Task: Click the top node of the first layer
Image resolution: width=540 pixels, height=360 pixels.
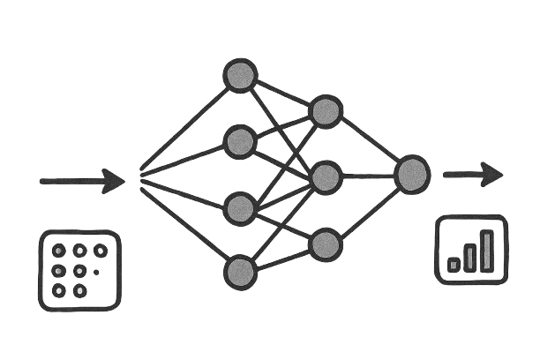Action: click(240, 76)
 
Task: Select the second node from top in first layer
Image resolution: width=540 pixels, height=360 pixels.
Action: click(240, 140)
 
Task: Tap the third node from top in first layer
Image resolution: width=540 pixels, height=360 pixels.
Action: click(240, 208)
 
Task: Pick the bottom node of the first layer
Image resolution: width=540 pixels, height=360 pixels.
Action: click(240, 273)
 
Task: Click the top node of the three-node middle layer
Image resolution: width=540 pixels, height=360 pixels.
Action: click(326, 110)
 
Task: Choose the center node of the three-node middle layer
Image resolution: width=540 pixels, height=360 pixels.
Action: click(326, 177)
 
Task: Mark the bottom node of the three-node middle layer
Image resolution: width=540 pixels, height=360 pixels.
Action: click(326, 244)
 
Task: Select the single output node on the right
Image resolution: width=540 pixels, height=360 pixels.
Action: click(412, 175)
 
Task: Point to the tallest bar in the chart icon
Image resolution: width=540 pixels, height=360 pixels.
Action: click(487, 250)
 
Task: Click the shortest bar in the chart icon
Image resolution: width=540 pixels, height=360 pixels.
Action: click(454, 264)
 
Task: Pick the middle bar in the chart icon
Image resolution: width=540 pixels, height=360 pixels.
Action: click(470, 258)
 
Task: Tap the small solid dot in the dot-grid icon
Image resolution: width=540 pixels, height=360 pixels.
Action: click(96, 272)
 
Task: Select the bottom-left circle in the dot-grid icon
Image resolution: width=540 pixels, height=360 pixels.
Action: click(59, 290)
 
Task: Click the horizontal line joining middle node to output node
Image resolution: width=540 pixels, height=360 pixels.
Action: click(369, 176)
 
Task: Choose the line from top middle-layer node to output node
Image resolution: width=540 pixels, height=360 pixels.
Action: click(369, 142)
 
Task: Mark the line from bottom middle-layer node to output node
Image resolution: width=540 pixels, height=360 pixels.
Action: click(369, 211)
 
